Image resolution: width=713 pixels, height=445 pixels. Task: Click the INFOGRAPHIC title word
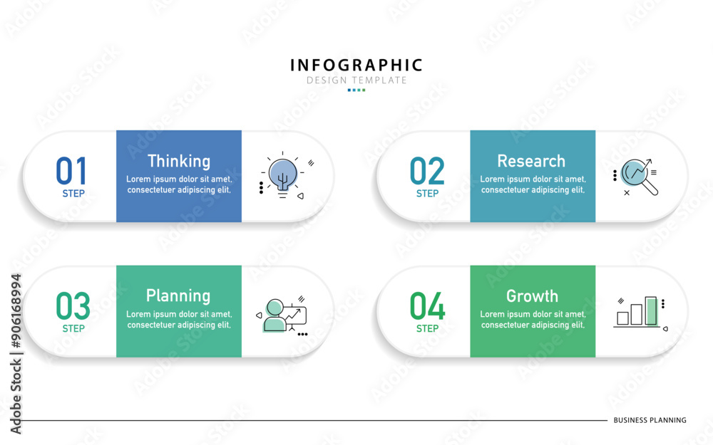pos(356,66)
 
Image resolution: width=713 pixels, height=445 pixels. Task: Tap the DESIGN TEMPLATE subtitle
pos(356,80)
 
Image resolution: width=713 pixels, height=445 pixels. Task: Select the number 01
pos(71,171)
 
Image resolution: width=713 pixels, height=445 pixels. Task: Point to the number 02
pos(427,171)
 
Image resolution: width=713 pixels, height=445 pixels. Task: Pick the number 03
pos(73,306)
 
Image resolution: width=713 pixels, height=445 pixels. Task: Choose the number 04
pos(427,306)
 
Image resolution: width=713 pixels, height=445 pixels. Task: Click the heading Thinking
pos(179,161)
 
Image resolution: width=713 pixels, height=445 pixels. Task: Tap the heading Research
pos(531,161)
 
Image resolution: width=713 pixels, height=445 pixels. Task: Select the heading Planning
pos(178,296)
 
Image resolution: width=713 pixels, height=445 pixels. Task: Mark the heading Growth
pos(532,296)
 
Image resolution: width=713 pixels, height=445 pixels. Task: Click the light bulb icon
pos(282,176)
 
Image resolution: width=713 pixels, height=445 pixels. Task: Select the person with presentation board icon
pos(282,315)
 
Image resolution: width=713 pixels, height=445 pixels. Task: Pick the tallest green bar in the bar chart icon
pos(651,311)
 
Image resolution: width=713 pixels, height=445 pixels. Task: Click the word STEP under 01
pos(73,194)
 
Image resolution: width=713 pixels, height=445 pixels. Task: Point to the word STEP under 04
pos(427,329)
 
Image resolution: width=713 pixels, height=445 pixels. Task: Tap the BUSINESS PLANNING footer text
pos(650,421)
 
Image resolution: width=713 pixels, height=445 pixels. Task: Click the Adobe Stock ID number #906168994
pos(16,310)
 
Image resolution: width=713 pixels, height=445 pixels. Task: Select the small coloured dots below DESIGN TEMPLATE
pos(356,90)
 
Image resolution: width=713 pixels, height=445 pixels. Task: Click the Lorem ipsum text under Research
pos(533,184)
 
